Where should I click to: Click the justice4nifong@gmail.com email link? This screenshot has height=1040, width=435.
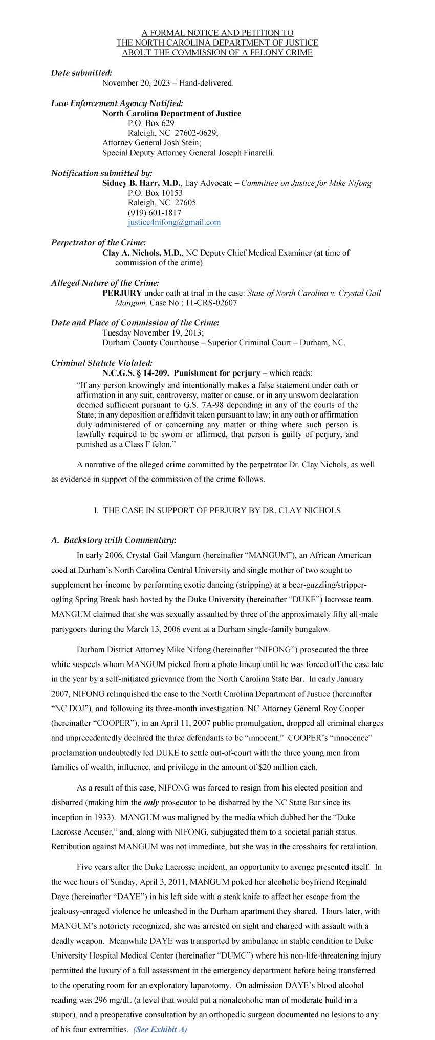[174, 222]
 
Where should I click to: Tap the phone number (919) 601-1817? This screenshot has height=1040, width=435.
[154, 213]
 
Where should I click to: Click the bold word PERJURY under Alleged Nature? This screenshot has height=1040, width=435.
[122, 293]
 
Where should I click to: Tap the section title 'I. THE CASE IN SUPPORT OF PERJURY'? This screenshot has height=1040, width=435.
[217, 510]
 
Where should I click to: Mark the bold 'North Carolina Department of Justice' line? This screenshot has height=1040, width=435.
[171, 113]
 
